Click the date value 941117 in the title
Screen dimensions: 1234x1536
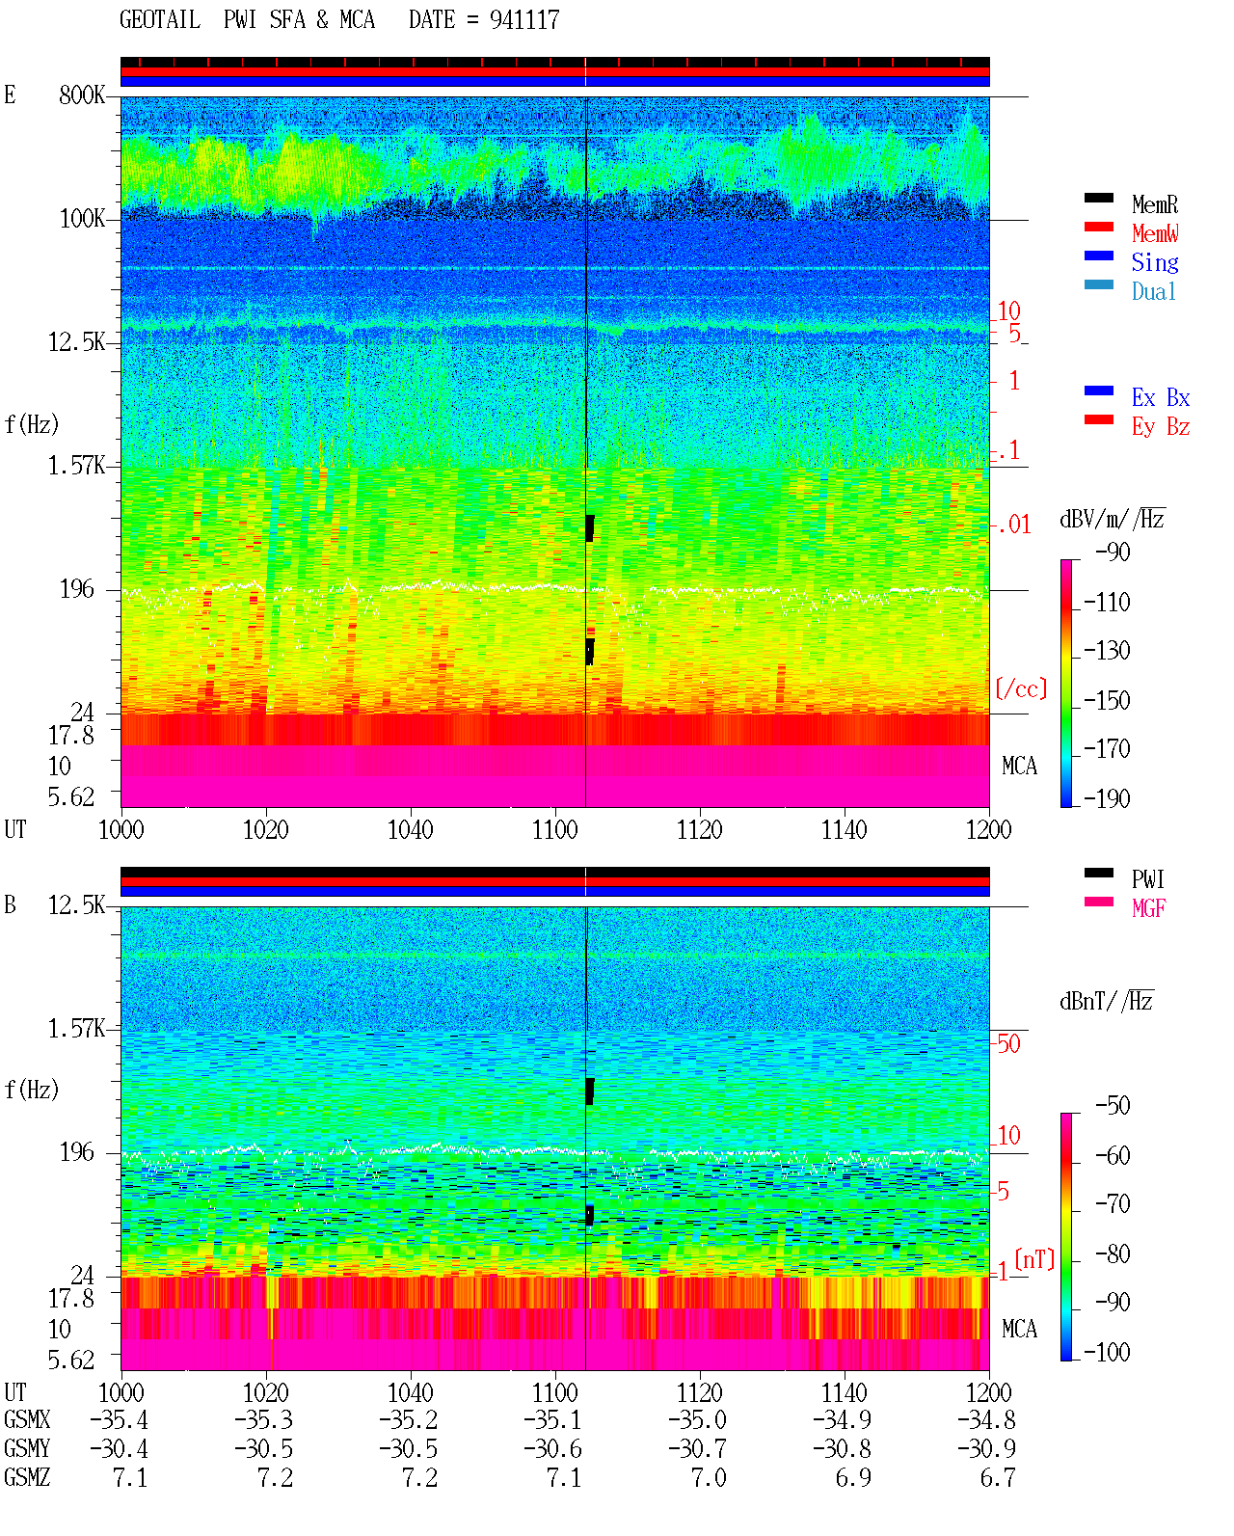coord(524,19)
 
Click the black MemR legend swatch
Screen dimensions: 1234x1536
coord(1098,198)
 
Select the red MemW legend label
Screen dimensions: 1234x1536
coord(1155,232)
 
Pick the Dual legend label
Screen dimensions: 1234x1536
coord(1153,291)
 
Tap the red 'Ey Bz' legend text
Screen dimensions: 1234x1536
coord(1160,426)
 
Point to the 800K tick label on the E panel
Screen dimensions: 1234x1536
coord(81,94)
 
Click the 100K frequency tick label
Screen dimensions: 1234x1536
coord(82,219)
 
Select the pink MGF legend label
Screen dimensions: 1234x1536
coord(1148,908)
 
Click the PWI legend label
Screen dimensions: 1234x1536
coord(1147,879)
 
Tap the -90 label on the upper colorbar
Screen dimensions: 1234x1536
coord(1113,552)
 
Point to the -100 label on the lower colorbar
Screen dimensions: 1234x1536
coord(1107,1352)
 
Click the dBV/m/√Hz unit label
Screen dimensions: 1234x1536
coord(1112,519)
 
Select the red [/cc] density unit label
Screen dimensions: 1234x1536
coord(1021,688)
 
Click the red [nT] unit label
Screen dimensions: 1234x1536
coord(1034,1258)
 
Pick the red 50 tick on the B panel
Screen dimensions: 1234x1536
coord(1008,1043)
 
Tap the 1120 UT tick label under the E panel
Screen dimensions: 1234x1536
coord(700,829)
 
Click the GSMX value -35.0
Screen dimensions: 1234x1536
coord(697,1419)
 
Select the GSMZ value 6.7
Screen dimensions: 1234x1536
coord(998,1477)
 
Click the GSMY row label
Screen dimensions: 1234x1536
coord(27,1448)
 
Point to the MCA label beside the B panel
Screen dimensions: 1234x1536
coord(1019,1329)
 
